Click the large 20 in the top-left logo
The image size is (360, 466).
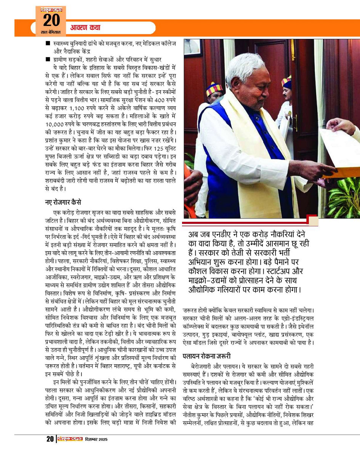[x=51, y=20]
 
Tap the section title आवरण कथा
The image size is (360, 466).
[x=86, y=28]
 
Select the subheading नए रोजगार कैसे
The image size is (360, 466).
[x=63, y=202]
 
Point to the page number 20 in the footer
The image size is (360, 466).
[x=50, y=439]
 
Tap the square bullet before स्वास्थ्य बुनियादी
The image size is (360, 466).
[x=48, y=43]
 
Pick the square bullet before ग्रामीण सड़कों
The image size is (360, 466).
[x=48, y=59]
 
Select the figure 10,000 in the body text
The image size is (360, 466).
[x=56, y=124]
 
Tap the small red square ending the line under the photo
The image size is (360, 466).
[x=313, y=221]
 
